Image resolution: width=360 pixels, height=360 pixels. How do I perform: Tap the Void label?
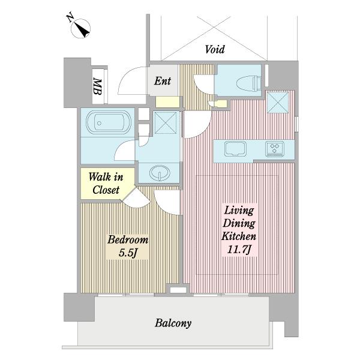pos(215,49)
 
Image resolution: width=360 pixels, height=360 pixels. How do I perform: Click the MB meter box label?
pos(97,86)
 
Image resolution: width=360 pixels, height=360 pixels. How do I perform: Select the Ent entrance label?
pos(163,81)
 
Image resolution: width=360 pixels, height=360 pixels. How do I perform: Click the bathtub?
pos(109,122)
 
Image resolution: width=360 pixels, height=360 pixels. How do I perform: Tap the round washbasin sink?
pos(160,172)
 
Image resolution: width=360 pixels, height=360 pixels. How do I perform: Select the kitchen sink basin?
pos(235,149)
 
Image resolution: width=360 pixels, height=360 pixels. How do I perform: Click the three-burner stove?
pos(275,149)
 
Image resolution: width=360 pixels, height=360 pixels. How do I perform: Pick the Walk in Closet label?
pos(106,184)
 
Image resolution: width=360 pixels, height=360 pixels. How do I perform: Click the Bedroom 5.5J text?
pos(128,246)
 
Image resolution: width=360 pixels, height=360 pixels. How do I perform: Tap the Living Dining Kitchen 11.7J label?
pos(239,230)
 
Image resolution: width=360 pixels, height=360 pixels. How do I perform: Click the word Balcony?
pos(173,323)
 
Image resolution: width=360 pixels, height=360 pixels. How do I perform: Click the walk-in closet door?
pos(136,198)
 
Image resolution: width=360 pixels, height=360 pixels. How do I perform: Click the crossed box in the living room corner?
pos(278,102)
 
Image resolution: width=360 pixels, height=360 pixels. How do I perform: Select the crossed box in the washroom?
pos(166,122)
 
